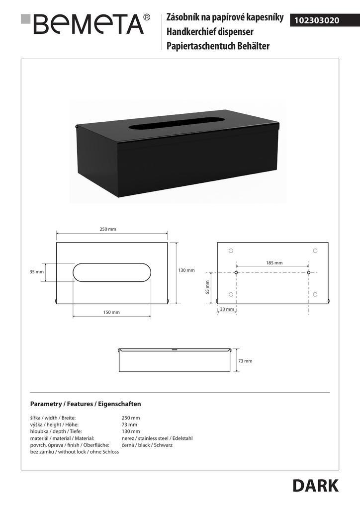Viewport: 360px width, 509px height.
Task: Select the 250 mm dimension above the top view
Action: click(108, 229)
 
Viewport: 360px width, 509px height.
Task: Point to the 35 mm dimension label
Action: click(36, 272)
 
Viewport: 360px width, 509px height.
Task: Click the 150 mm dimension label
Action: click(111, 312)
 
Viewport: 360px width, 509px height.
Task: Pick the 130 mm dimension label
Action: click(186, 270)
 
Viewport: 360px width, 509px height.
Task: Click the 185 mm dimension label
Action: click(274, 263)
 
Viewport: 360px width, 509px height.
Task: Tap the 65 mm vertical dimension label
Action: click(208, 287)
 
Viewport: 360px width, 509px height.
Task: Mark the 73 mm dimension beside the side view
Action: click(245, 361)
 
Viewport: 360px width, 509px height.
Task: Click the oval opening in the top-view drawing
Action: click(112, 272)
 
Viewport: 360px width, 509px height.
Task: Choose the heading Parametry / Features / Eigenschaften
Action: click(86, 404)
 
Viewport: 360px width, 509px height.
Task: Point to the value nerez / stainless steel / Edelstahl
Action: click(157, 438)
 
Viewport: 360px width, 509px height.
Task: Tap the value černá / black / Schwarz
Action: click(147, 445)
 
